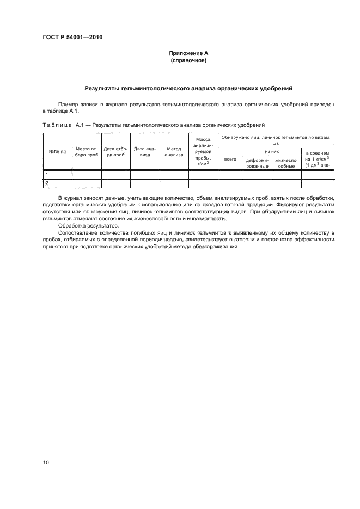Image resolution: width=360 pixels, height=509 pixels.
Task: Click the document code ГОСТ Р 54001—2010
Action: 72,38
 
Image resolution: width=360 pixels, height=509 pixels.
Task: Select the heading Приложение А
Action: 187,53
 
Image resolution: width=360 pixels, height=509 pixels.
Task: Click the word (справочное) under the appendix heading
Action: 187,60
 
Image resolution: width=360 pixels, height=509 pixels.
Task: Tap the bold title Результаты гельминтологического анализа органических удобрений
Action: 187,88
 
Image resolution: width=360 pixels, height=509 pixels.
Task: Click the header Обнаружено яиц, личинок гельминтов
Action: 276,140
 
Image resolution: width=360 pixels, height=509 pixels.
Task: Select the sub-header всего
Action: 230,159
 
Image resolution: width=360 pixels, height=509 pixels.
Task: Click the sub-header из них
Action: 272,151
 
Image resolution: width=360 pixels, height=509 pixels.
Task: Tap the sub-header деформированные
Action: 257,163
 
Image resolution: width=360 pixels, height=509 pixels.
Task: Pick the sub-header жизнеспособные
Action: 286,163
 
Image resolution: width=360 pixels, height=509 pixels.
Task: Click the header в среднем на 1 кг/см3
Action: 318,159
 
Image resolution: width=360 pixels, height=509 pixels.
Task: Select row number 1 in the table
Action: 47,175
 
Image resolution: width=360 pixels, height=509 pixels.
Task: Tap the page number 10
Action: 46,463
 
